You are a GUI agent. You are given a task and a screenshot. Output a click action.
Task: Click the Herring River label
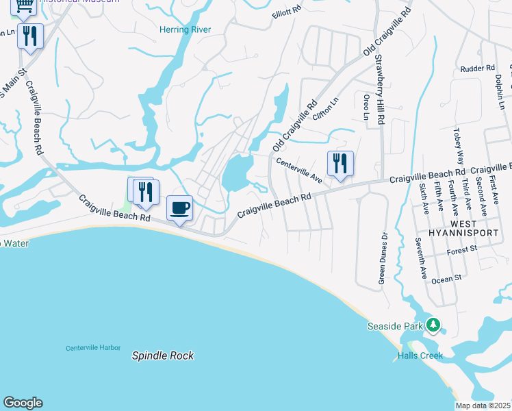185,29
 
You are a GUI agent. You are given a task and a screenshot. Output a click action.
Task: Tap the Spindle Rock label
162,356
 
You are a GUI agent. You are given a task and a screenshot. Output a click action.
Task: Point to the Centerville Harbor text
93,348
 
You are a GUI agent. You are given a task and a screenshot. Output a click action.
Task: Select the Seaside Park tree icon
433,325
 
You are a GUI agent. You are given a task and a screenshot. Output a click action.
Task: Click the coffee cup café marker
180,208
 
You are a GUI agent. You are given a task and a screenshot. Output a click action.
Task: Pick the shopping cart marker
23,6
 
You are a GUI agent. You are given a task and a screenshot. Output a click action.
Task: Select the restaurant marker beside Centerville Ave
340,164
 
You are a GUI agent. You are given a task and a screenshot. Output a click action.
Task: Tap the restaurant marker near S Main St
29,36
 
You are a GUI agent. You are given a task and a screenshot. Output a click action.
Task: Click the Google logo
23,403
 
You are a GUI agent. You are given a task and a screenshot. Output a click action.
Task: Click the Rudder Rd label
477,68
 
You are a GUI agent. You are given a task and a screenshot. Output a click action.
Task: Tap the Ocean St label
447,279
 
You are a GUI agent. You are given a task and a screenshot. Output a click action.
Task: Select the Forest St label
462,251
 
